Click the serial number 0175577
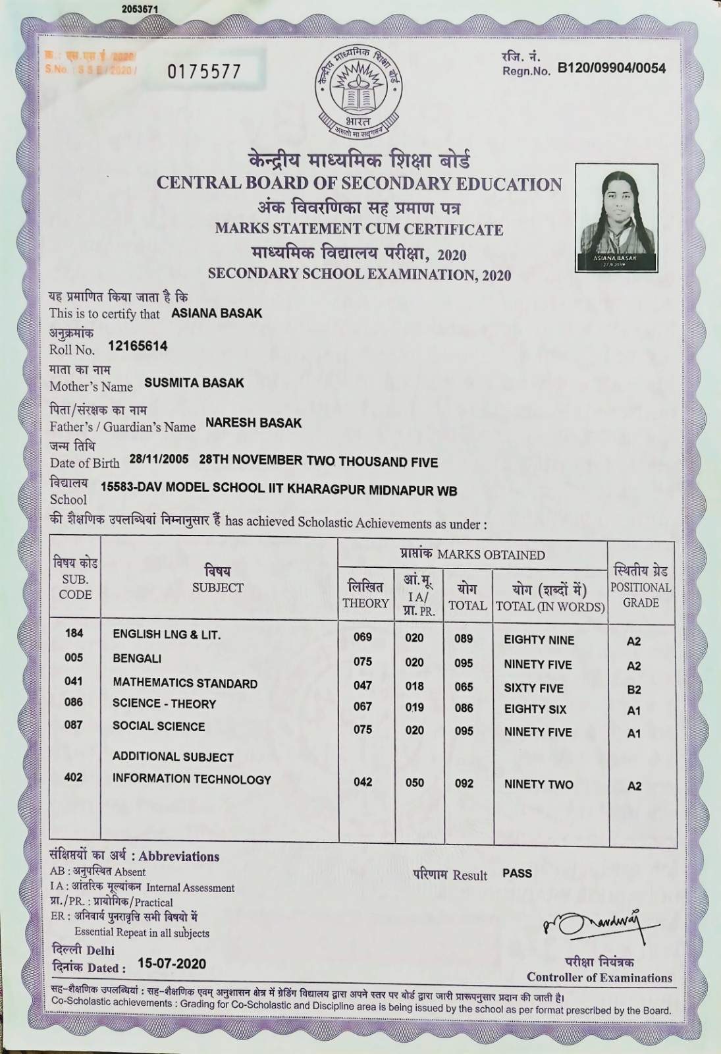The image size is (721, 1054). tap(204, 72)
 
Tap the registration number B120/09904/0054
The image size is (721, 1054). tap(611, 68)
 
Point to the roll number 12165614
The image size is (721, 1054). tap(138, 346)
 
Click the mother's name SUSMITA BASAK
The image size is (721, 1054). tap(194, 383)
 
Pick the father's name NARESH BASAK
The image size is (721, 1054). tap(254, 423)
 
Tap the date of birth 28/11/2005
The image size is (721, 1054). tap(159, 459)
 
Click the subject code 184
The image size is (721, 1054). tap(74, 633)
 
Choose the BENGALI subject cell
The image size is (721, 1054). tap(137, 659)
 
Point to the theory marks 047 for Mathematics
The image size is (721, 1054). tap(363, 685)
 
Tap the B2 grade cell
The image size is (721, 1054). tap(634, 690)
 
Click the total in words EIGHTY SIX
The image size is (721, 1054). tap(535, 709)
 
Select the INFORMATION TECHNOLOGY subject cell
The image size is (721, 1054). tap(192, 779)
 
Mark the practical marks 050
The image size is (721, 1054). tap(415, 783)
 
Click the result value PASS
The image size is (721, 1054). tap(517, 873)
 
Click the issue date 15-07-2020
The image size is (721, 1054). tap(172, 964)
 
